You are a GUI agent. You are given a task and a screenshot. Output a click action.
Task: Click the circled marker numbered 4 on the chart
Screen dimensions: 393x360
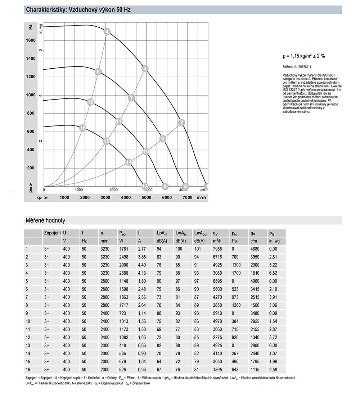(107, 32)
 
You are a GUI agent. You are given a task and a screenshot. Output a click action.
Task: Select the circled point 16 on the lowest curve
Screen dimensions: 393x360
(83, 128)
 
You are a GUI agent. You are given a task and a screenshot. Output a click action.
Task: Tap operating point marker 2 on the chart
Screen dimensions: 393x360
(182, 123)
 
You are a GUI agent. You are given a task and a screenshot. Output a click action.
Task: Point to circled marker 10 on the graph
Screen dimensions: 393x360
(146, 151)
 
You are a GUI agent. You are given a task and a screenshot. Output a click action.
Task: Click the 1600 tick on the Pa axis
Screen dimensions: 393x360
(31, 40)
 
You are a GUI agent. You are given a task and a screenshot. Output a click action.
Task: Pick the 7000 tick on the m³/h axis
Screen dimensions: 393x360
(187, 198)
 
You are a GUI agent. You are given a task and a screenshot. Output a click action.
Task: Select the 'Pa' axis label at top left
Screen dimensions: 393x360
(31, 27)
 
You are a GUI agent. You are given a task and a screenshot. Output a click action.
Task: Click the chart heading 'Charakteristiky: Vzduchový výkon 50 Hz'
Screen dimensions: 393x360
(78, 10)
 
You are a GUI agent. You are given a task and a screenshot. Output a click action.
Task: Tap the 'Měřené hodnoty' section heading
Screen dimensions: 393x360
(45, 220)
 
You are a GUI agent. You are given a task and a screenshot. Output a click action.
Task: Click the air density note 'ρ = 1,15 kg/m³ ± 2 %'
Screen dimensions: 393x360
(304, 56)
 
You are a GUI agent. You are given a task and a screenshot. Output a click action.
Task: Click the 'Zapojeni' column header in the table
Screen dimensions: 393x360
(52, 233)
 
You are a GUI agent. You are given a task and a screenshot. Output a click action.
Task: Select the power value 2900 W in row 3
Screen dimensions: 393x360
(124, 265)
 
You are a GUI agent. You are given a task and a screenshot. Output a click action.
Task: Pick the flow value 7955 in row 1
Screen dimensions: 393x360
(217, 248)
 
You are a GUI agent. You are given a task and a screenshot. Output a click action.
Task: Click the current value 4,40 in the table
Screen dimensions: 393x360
(142, 265)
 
